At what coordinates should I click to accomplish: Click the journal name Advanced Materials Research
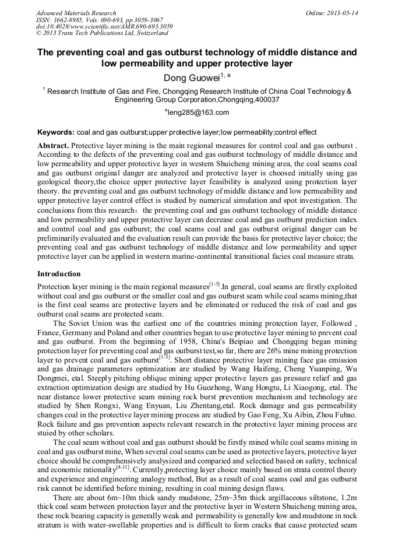coord(76,13)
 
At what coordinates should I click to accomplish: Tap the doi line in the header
coord(104,27)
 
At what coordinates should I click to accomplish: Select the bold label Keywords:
coord(56,132)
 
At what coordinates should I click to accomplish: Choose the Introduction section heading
coord(59,273)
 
